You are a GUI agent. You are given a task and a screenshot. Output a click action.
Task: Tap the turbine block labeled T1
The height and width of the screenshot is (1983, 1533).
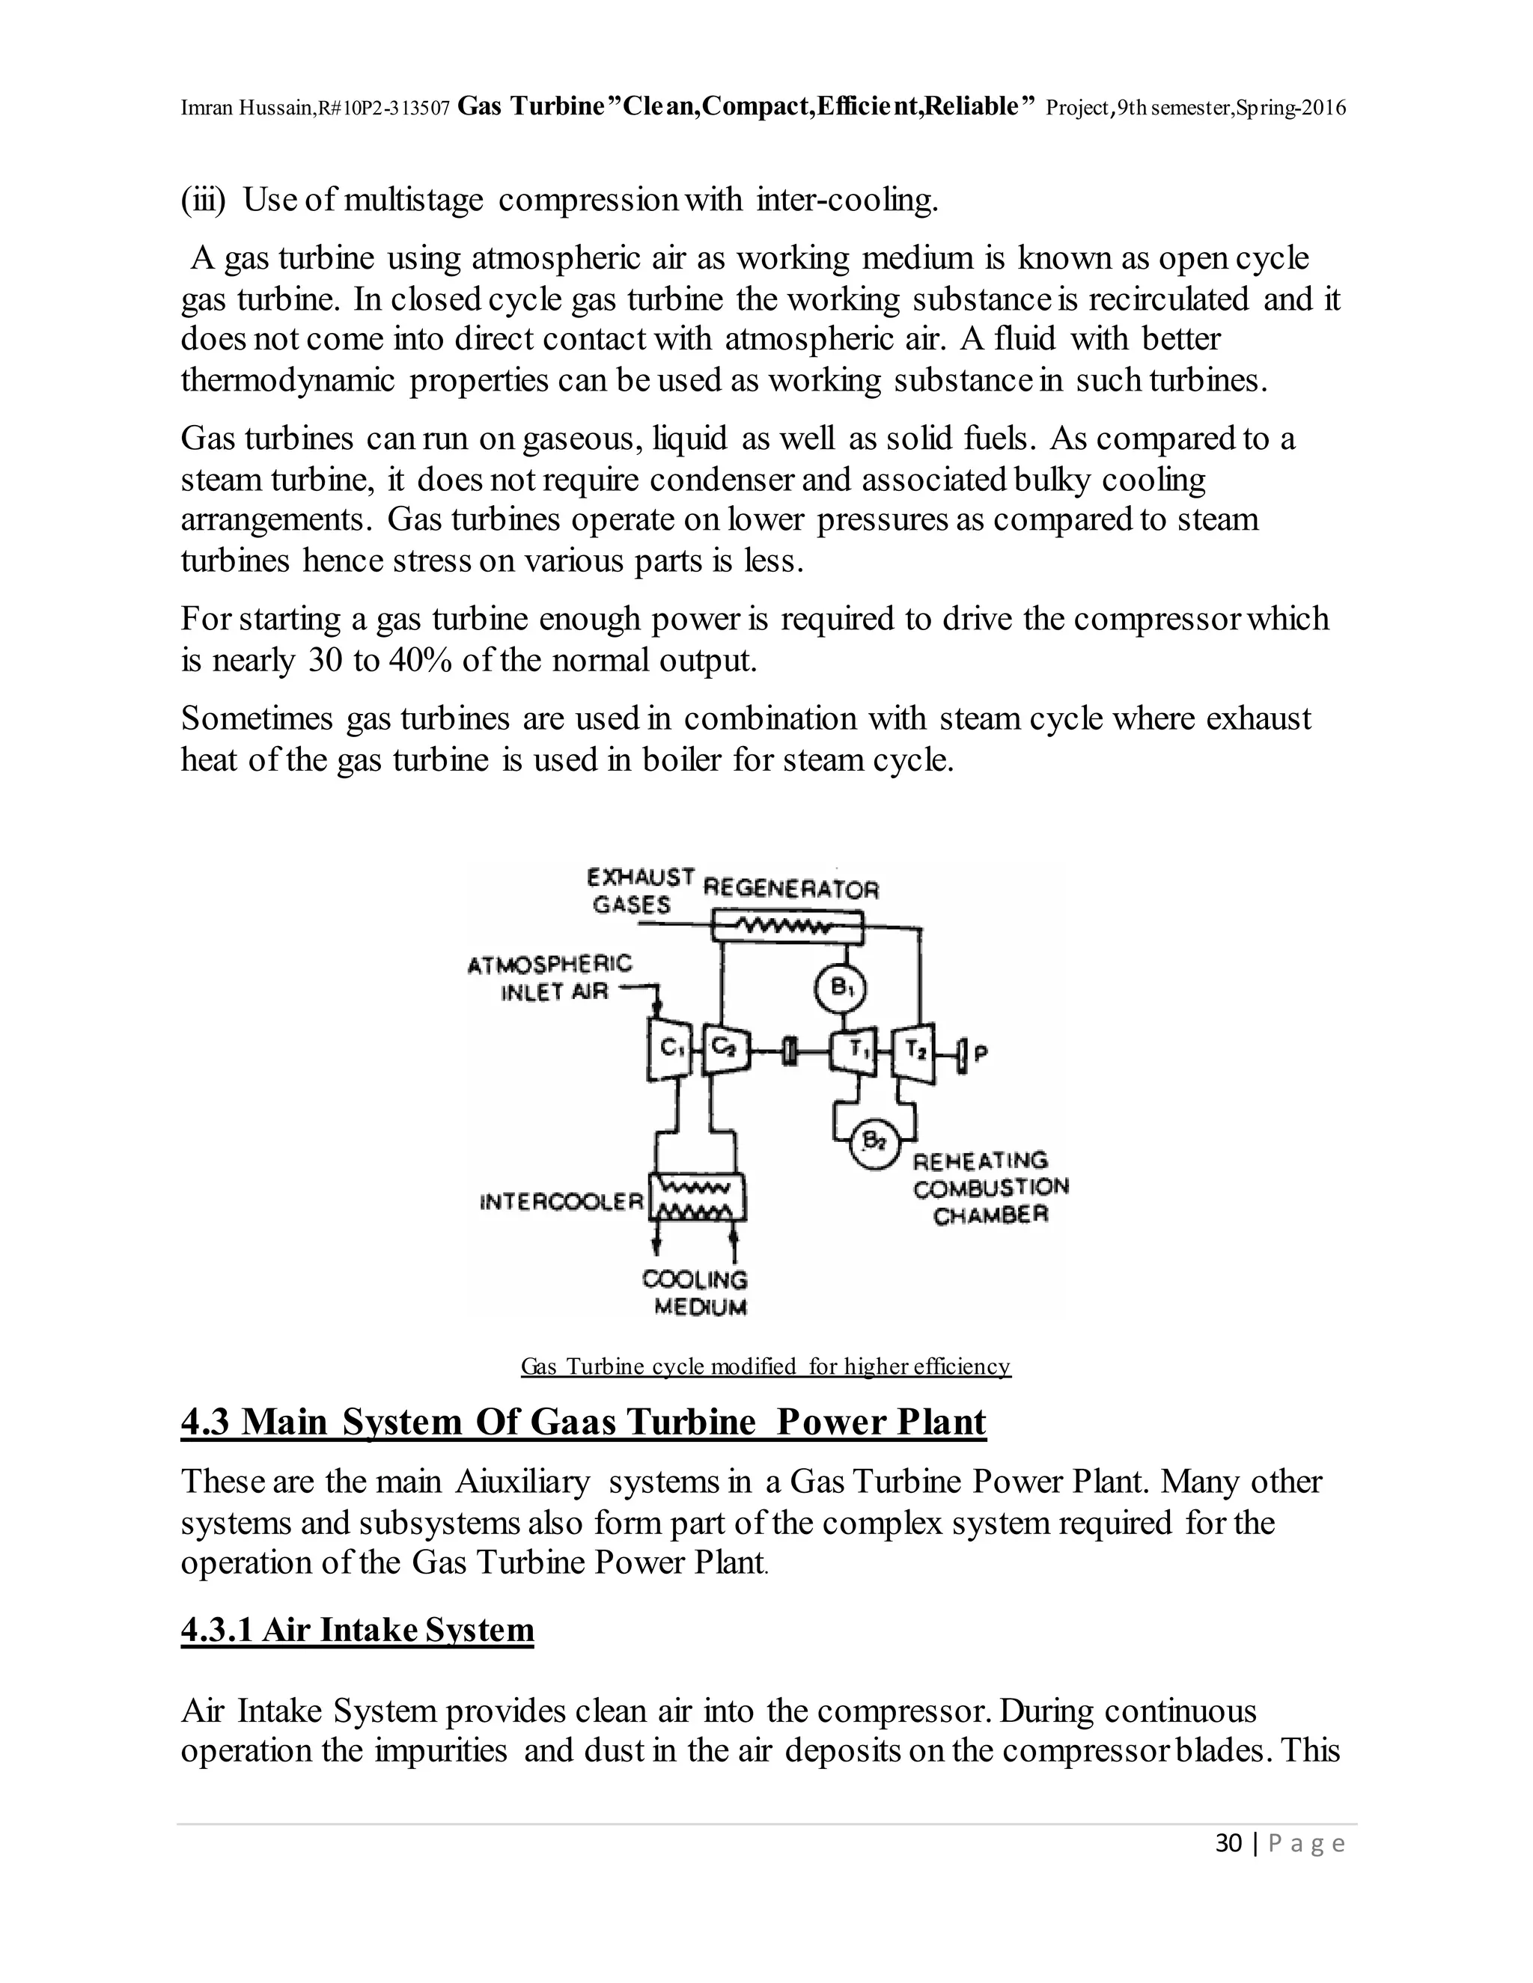(856, 1051)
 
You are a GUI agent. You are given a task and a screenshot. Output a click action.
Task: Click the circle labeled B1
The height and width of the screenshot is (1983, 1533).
(840, 988)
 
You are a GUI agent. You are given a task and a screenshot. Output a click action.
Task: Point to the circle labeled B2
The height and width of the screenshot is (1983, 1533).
(873, 1142)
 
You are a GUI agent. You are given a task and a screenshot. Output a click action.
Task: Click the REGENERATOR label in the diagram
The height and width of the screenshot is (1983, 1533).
(791, 889)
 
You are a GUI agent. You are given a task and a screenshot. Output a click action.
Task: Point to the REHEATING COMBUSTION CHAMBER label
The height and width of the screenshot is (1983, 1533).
(990, 1188)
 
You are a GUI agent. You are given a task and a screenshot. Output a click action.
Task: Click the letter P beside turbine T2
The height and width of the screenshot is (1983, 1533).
(980, 1054)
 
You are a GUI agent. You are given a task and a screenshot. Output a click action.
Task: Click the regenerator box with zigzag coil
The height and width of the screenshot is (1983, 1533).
(785, 927)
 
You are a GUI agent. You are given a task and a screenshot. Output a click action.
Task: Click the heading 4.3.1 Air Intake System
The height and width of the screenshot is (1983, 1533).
(357, 1630)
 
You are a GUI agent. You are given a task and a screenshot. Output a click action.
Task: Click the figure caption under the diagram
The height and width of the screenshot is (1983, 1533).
(765, 1366)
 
